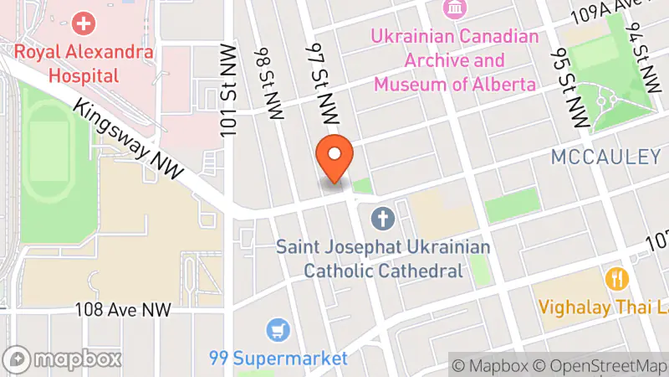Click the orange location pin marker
(x=334, y=158)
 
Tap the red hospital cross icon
(x=84, y=23)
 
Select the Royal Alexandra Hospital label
(x=84, y=62)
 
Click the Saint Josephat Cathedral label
(x=383, y=259)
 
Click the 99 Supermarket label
(x=278, y=359)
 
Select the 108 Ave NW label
(x=123, y=310)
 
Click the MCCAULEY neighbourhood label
(x=605, y=157)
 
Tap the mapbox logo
(x=65, y=359)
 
